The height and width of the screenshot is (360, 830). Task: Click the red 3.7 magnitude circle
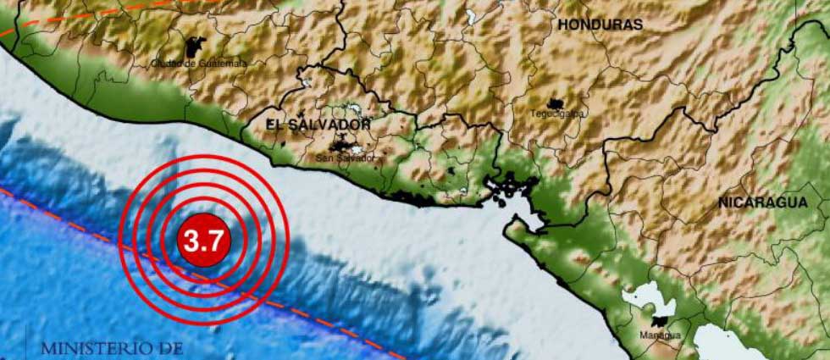[203, 241]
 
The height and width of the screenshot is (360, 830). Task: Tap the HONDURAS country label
[600, 25]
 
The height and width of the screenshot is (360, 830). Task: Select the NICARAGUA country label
[762, 202]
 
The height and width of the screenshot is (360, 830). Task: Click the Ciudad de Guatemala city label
[199, 63]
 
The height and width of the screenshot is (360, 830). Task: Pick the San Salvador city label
[343, 158]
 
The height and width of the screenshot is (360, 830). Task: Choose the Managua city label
[661, 335]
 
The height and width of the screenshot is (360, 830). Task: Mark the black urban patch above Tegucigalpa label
[556, 102]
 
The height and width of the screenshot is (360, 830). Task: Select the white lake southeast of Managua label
[720, 343]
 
